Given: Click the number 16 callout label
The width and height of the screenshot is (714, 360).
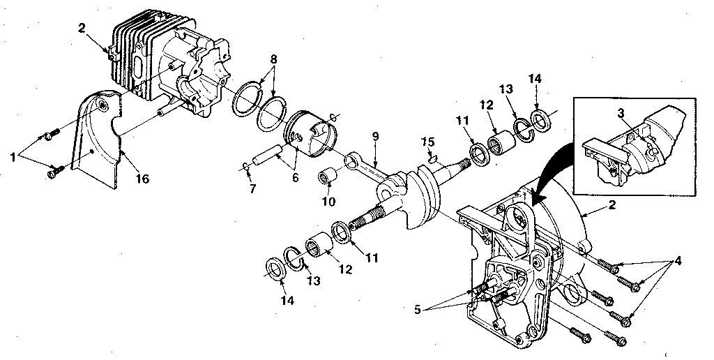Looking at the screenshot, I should [142, 179].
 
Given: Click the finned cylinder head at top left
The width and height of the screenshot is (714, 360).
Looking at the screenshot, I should [146, 52].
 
